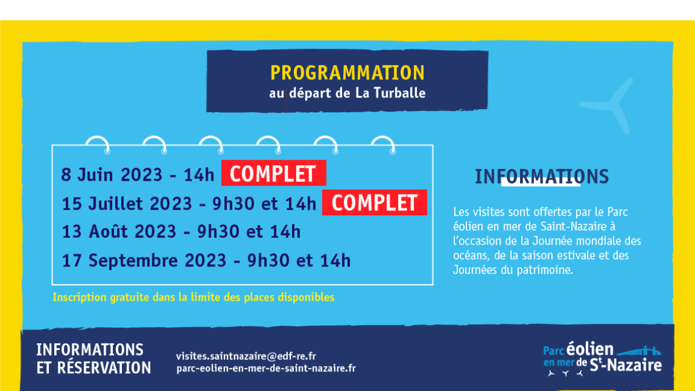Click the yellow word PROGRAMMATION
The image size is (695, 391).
click(x=347, y=73)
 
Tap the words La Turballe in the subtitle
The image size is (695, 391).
click(x=391, y=93)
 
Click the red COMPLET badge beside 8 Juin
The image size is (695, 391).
click(x=274, y=173)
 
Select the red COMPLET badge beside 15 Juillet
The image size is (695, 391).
click(x=374, y=203)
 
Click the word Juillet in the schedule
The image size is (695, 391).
click(x=118, y=204)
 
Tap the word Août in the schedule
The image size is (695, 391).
click(x=108, y=232)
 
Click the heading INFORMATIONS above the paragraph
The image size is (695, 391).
click(x=541, y=176)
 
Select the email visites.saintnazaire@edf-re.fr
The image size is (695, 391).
click(x=246, y=356)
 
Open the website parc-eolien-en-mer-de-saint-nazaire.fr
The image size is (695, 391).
click(x=266, y=368)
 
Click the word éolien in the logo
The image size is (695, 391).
click(x=590, y=350)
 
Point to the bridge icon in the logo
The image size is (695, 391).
click(x=638, y=351)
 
